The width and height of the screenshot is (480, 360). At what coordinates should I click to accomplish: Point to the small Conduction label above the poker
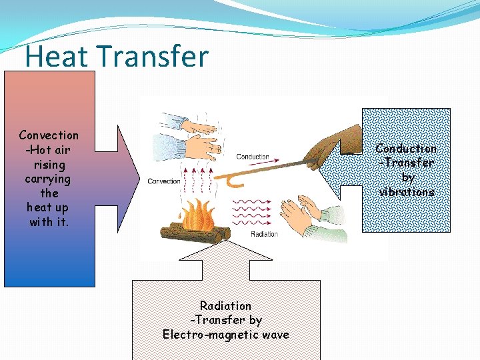253,157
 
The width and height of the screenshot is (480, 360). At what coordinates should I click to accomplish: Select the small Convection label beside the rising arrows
164,181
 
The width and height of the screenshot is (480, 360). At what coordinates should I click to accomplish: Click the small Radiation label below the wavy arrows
264,235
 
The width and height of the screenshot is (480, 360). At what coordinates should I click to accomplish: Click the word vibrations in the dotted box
407,192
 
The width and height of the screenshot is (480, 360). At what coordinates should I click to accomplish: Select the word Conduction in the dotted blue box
406,149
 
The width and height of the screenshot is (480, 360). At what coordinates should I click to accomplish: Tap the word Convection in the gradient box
49,135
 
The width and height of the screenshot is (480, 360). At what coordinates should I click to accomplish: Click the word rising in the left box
49,165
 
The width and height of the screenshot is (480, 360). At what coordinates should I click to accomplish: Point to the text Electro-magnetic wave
226,334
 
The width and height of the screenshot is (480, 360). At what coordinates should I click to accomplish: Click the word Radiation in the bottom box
226,305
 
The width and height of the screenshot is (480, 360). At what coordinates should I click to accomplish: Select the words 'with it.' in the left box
49,222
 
